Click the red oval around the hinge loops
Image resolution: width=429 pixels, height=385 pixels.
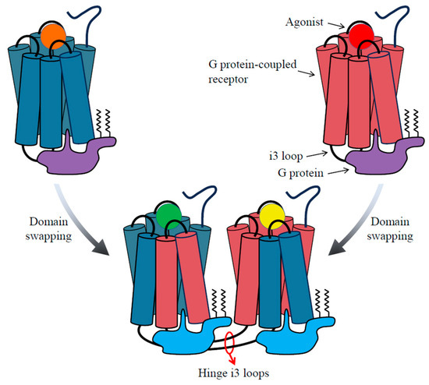(x=232, y=344)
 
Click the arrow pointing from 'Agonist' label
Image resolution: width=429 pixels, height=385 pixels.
(x=337, y=25)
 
